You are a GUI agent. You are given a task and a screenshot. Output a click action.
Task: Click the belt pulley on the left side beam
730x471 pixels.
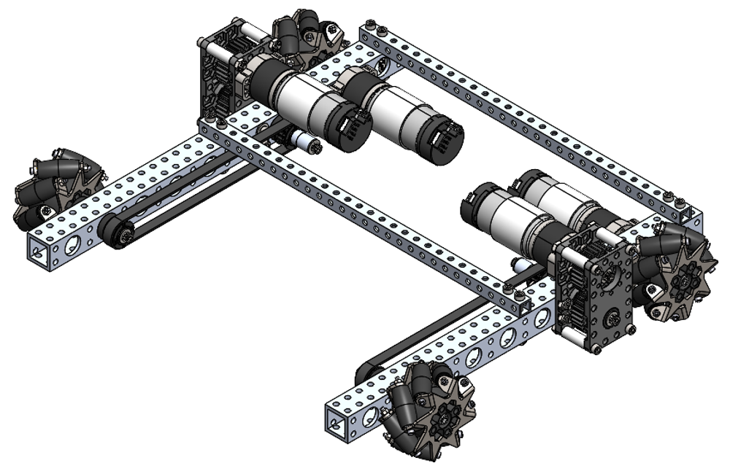pos(120,232)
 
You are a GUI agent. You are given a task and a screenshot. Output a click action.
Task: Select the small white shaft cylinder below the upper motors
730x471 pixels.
pos(306,143)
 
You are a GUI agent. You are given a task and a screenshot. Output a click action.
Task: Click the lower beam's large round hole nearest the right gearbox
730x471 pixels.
pos(542,319)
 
